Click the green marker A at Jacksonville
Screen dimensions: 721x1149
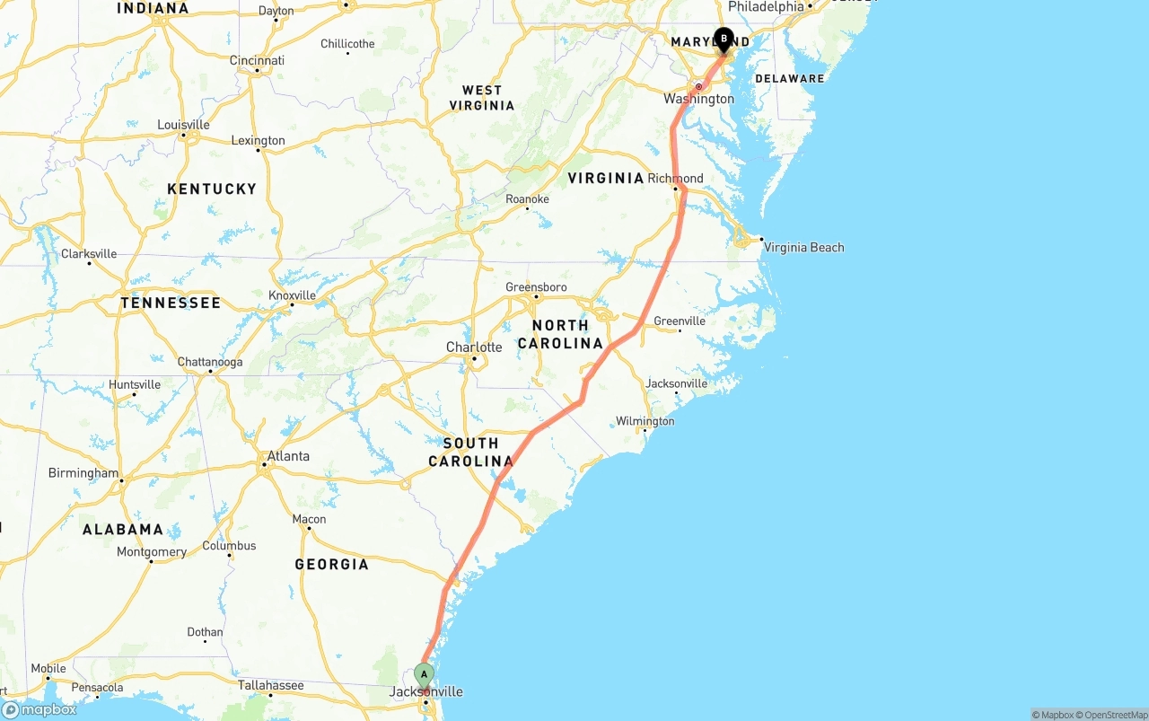coord(424,674)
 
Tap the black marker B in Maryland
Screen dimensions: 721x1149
coord(724,40)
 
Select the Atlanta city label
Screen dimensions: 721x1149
coord(288,456)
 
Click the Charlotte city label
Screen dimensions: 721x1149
coord(474,347)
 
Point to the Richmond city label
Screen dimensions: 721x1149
coord(675,178)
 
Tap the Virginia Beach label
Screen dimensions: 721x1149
coord(803,248)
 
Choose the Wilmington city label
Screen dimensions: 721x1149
coord(645,421)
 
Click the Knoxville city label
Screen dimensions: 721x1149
coord(292,295)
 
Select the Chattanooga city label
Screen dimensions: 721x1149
coord(210,363)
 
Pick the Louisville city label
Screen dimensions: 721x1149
coord(183,125)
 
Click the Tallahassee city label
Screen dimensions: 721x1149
coord(270,685)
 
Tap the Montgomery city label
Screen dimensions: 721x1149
coord(151,552)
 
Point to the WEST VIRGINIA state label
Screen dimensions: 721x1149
coord(482,98)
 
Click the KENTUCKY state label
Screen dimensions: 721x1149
coord(212,189)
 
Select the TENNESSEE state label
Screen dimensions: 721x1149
coord(171,303)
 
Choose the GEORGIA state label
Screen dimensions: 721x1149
coord(331,564)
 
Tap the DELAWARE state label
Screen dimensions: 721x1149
coord(789,79)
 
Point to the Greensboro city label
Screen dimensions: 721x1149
coord(536,287)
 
